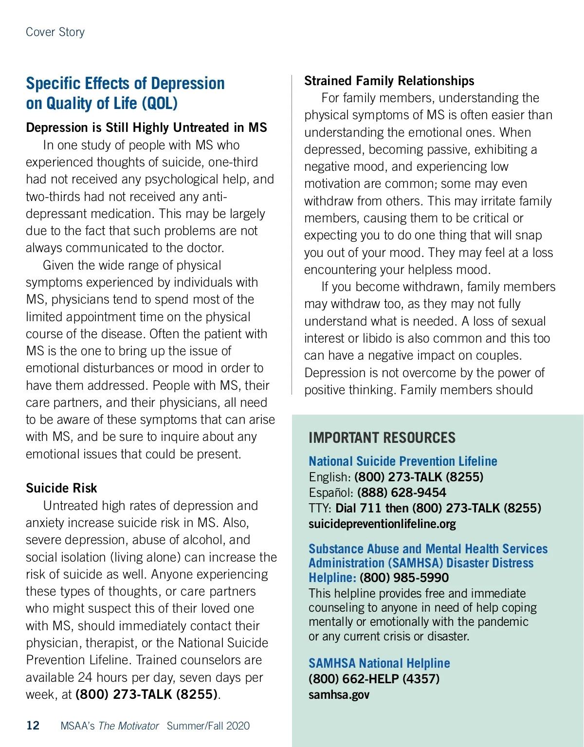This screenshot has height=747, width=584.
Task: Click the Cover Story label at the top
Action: point(55,32)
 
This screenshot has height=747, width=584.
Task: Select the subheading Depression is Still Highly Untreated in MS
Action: point(146,128)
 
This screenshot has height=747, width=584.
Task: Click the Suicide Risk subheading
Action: point(61,488)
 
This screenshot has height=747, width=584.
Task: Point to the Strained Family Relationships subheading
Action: point(389,81)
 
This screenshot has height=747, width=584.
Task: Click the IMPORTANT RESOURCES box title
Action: point(382,437)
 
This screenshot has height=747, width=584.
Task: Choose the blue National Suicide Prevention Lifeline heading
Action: point(403,461)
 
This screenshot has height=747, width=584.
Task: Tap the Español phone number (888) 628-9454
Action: point(401,492)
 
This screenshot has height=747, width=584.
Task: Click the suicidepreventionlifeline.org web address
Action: point(382,524)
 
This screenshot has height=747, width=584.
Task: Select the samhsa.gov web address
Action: point(339,694)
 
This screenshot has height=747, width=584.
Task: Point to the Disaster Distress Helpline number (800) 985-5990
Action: point(404,578)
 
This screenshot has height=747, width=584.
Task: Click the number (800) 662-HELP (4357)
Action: point(374,679)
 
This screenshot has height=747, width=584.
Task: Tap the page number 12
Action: point(33,726)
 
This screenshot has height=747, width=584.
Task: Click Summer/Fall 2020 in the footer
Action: point(208,726)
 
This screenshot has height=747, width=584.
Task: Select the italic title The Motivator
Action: point(128,726)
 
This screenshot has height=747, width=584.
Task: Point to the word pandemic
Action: point(504,622)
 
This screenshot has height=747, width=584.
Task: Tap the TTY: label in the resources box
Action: point(320,508)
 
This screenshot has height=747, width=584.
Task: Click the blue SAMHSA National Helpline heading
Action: point(379,663)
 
